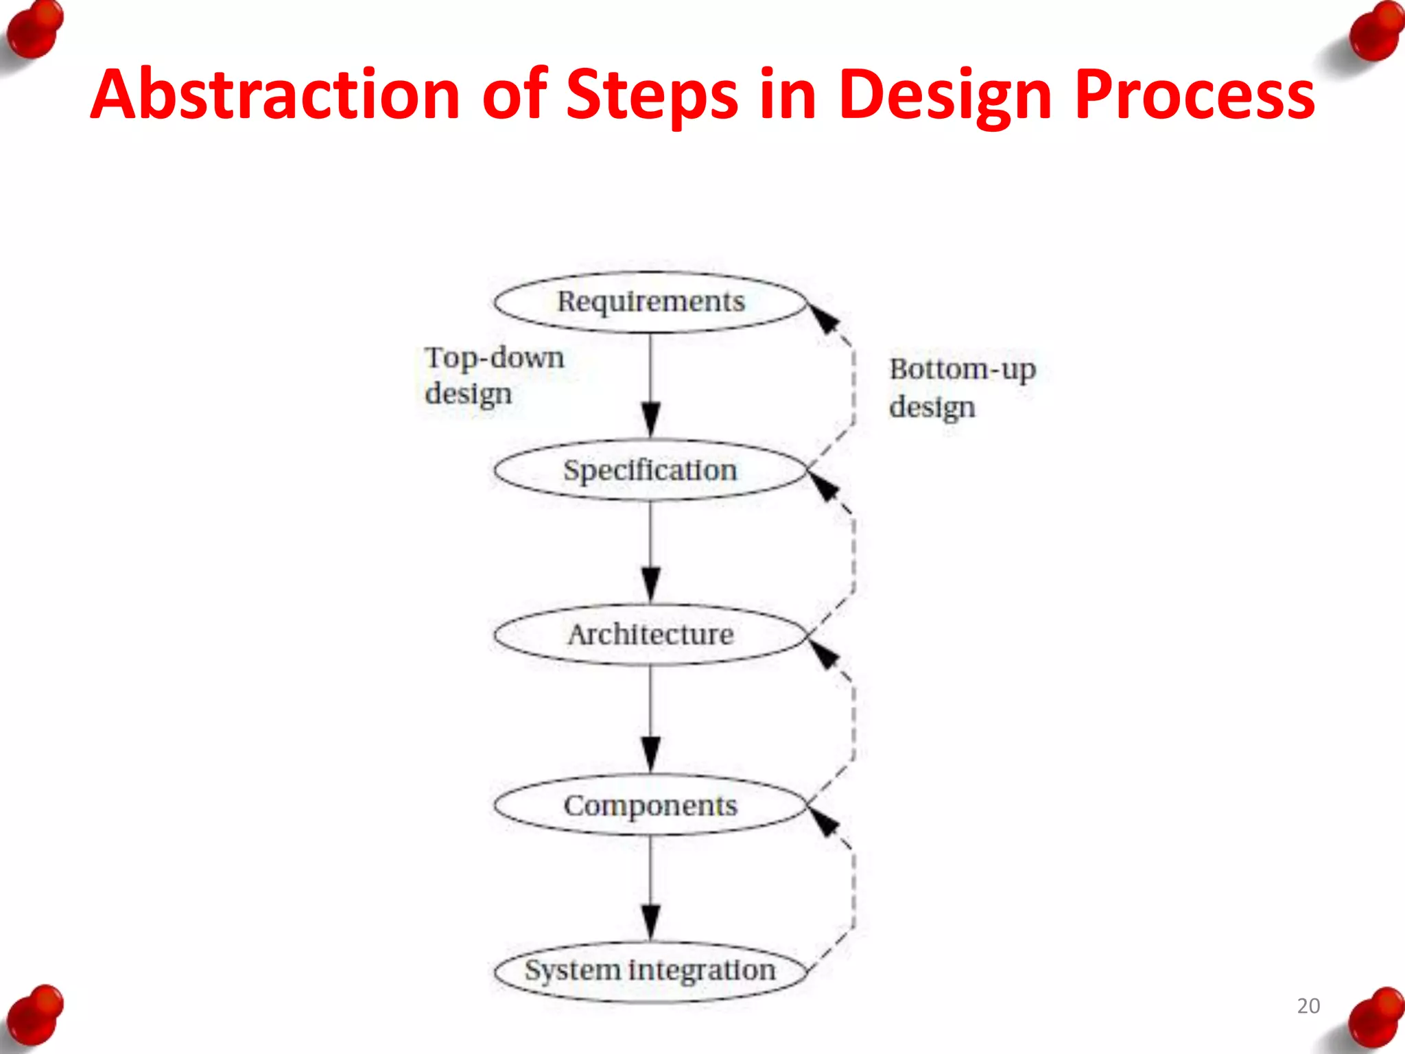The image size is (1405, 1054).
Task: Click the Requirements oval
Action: [x=650, y=303]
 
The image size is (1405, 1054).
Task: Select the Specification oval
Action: [x=650, y=471]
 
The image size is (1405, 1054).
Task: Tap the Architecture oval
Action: [x=650, y=635]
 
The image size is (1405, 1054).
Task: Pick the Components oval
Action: [x=650, y=806]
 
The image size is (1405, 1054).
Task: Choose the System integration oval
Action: [x=650, y=971]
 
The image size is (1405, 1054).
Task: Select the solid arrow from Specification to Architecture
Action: [x=650, y=552]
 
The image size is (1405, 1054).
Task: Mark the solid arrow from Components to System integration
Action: [x=650, y=888]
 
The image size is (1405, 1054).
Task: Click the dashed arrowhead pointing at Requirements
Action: [x=825, y=318]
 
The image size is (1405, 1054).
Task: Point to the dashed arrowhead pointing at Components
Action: [x=825, y=821]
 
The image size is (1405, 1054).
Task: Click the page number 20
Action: [x=1308, y=1006]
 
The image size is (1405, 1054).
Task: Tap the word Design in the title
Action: [x=945, y=96]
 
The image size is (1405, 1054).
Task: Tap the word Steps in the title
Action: [x=652, y=96]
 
